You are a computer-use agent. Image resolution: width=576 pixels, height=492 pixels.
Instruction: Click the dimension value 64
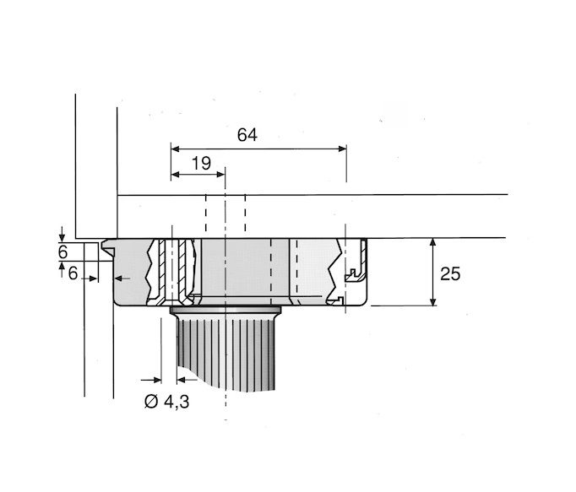tap(247, 135)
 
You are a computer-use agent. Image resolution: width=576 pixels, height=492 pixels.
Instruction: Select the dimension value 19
tap(201, 164)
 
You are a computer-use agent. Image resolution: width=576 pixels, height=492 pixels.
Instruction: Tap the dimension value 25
tap(450, 274)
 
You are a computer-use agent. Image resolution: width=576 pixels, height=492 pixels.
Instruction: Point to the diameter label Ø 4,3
tap(166, 402)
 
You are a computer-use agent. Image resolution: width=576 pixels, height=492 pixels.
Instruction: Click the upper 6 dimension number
tap(63, 252)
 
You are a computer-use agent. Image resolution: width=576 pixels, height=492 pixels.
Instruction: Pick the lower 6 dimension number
tap(73, 273)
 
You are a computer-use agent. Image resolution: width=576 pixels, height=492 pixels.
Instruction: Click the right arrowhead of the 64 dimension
tap(342, 149)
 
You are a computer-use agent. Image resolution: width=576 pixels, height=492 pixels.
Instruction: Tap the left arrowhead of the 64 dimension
tap(175, 149)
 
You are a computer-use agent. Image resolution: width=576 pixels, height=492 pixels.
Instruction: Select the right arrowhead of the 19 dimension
tap(220, 174)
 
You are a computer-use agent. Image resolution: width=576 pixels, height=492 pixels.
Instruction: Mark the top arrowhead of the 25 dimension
tap(433, 242)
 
